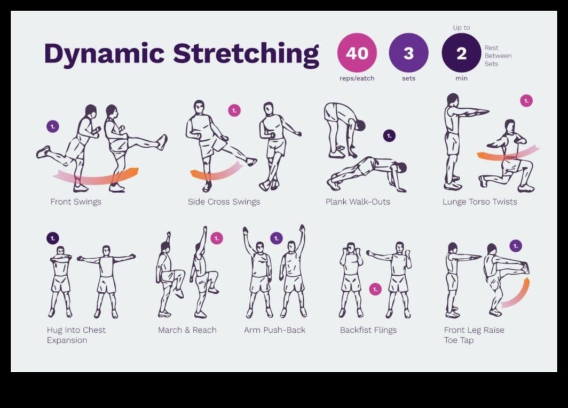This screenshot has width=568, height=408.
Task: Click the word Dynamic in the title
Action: click(104, 54)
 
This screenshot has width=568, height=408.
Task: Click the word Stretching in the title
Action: click(246, 54)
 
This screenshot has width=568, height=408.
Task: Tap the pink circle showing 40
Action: click(357, 53)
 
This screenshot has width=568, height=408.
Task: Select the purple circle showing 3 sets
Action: click(408, 53)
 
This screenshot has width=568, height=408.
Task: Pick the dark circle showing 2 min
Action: click(461, 53)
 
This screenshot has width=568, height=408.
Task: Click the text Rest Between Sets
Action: click(498, 55)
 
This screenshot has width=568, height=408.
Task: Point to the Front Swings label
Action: click(76, 202)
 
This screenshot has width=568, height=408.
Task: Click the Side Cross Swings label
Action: click(224, 202)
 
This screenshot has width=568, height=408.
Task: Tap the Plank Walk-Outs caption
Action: click(358, 202)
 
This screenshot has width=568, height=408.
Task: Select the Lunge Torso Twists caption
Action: click(479, 202)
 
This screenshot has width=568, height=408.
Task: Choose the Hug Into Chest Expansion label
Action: click(76, 335)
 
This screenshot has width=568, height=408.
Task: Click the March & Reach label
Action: click(187, 330)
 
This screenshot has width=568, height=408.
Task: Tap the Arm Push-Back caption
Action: click(274, 330)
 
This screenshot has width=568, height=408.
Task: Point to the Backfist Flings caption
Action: click(368, 330)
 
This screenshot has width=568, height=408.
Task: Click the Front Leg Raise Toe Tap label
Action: click(474, 335)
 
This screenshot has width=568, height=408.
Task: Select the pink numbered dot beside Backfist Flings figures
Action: click(375, 289)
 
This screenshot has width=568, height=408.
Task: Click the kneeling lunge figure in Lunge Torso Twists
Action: click(507, 160)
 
